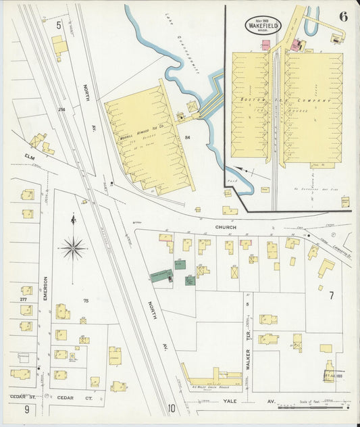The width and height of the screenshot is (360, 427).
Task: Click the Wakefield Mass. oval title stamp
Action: (263, 24)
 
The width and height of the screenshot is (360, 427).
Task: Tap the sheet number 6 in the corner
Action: (343, 17)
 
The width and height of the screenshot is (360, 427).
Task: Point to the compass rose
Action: (73, 249)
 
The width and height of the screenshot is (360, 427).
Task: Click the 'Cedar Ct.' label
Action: (68, 397)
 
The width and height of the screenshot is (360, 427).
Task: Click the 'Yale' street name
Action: (229, 401)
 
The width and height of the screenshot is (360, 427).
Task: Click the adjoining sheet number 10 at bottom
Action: (172, 408)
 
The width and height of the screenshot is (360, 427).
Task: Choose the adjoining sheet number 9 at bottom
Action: (27, 409)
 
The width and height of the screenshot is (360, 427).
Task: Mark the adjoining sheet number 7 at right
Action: (331, 295)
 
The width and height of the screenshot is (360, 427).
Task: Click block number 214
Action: (61, 109)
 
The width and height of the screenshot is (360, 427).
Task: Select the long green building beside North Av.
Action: (161, 275)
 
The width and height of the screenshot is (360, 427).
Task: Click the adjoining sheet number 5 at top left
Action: (59, 25)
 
